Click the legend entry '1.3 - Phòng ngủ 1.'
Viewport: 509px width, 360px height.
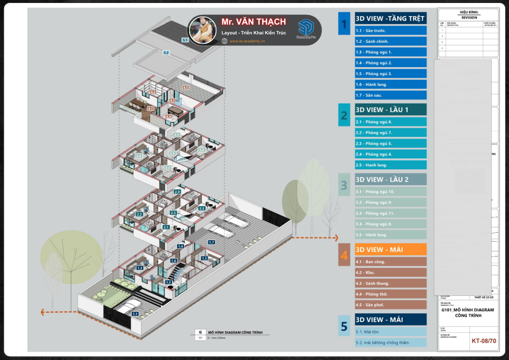tap(391, 52)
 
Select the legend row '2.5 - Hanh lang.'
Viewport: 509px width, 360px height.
tap(391, 165)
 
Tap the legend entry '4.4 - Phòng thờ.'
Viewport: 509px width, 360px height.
tap(391, 294)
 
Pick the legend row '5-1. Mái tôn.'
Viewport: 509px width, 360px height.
tap(391, 332)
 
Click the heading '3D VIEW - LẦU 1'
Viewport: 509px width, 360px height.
tap(391, 110)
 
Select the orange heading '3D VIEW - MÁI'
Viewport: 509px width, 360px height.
tap(391, 250)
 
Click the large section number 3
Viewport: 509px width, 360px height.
tap(344, 186)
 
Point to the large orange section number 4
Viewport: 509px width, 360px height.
tap(344, 256)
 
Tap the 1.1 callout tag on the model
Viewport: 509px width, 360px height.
tap(135, 314)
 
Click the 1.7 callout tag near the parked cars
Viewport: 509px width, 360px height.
tap(212, 242)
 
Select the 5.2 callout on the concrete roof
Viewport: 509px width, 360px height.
tap(166, 53)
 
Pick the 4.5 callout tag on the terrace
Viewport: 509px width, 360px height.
tap(185, 87)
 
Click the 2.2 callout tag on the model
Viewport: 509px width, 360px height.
tap(139, 214)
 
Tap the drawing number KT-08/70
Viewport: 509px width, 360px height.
tap(484, 340)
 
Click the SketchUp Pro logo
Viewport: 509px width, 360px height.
tap(305, 30)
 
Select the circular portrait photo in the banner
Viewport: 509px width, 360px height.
tap(203, 30)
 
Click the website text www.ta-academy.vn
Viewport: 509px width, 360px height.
tap(247, 41)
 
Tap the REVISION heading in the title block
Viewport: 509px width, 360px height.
tap(468, 18)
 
